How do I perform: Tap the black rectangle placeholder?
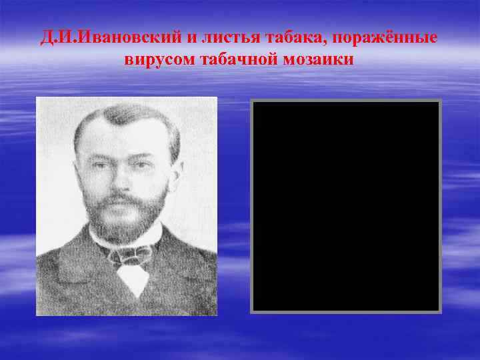coord(346,206)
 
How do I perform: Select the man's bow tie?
coord(131,254)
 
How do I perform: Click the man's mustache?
coord(120,198)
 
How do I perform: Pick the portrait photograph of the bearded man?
coord(127,206)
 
